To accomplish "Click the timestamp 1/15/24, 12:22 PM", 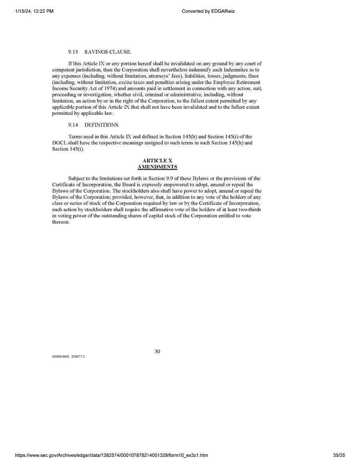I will coord(34,11).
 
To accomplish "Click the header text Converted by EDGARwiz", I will coord(208,11).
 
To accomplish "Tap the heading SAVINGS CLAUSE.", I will coord(108,52).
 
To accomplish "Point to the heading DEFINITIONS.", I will coord(102,125).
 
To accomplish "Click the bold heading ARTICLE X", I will coord(157,161).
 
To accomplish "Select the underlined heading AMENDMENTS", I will coord(157,167).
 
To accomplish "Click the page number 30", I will coord(157,352).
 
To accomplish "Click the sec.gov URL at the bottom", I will coord(111,455).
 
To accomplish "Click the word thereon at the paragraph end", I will coord(60,222).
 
